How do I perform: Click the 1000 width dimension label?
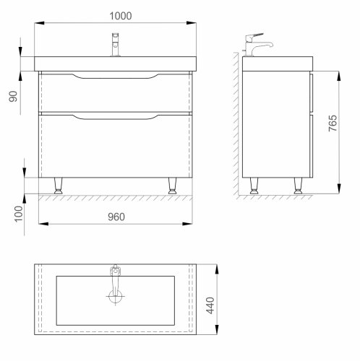pyautogui.click(x=121, y=16)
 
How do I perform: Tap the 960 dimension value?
pyautogui.click(x=116, y=217)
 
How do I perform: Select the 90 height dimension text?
pyautogui.click(x=14, y=96)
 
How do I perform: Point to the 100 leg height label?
pyautogui.click(x=19, y=214)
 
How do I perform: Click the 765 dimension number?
pyautogui.click(x=333, y=123)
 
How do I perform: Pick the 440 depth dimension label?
pyautogui.click(x=210, y=305)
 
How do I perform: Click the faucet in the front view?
pyautogui.click(x=116, y=45)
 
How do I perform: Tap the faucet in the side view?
pyautogui.click(x=257, y=45)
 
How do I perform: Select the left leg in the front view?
pyautogui.click(x=58, y=186)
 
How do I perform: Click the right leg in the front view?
pyautogui.click(x=172, y=186)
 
